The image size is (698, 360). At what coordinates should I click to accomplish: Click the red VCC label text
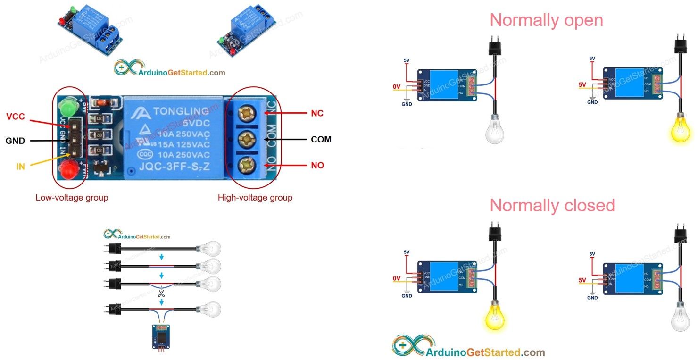click(x=15, y=117)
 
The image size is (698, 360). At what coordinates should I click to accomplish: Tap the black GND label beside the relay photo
click(x=15, y=141)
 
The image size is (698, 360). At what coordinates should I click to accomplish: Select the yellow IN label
click(x=20, y=167)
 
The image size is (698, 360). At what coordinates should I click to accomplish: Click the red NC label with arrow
click(x=317, y=113)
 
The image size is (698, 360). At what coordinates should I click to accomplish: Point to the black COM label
click(x=321, y=140)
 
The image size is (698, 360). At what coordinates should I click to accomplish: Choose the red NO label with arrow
click(x=317, y=166)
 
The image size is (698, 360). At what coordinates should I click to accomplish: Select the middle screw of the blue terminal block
click(x=245, y=139)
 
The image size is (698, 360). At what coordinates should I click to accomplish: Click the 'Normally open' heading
click(x=546, y=20)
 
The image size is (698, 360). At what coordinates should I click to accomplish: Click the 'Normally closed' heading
click(x=552, y=206)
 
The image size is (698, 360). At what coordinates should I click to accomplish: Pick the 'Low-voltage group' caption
click(x=72, y=198)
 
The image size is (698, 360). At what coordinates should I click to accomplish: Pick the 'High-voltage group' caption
click(x=255, y=198)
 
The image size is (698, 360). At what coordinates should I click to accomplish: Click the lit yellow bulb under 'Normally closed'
click(x=495, y=317)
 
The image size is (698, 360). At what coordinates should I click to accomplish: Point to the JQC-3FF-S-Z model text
click(x=174, y=166)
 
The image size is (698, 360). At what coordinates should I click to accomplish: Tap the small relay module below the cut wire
click(x=161, y=336)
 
